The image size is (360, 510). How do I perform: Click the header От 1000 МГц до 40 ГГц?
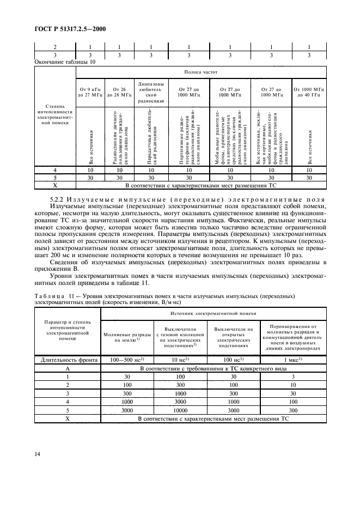[309, 92]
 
